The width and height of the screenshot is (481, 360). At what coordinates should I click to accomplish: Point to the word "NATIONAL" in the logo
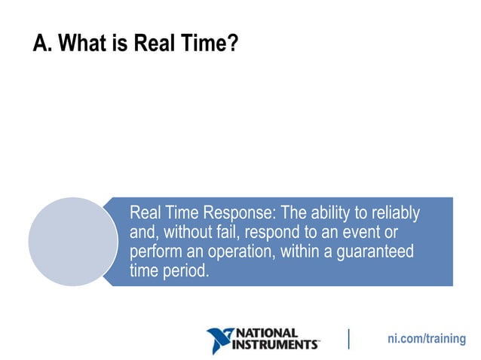tap(268, 333)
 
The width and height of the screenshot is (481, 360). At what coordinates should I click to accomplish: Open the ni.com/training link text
tap(427, 339)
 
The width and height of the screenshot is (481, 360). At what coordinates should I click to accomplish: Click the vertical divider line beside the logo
tap(349, 339)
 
